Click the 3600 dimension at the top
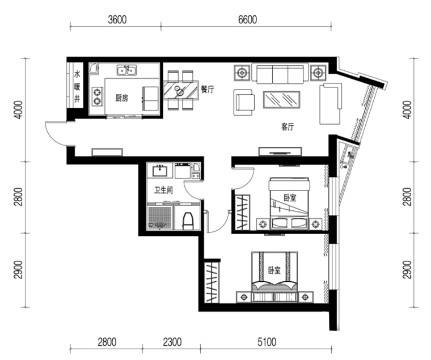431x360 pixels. (x=117, y=20)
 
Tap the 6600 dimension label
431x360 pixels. (x=248, y=20)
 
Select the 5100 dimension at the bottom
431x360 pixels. (x=267, y=342)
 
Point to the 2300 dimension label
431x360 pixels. (x=172, y=342)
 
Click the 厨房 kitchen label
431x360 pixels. (x=122, y=98)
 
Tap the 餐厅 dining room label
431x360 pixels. (x=207, y=90)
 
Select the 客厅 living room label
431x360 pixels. (x=288, y=126)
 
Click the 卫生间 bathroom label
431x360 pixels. (x=163, y=190)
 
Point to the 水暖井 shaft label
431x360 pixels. (x=77, y=86)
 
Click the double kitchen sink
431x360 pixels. (x=126, y=70)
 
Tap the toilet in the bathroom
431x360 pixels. (x=188, y=221)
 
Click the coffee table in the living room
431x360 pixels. (x=282, y=99)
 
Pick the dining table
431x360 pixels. (x=181, y=90)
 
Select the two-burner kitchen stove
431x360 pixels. (x=98, y=96)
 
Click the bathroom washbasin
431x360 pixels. (x=160, y=171)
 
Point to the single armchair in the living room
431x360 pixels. (x=244, y=102)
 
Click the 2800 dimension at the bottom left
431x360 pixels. (x=107, y=342)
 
